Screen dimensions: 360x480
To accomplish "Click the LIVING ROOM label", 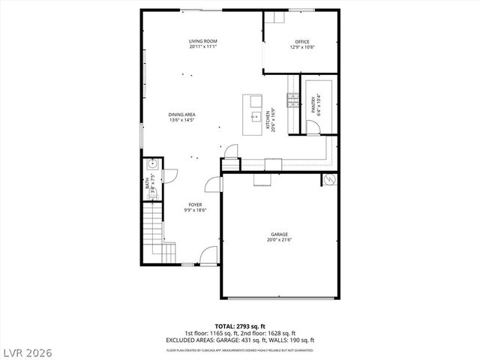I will coord(202,41).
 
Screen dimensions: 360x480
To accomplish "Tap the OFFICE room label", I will coord(302,41).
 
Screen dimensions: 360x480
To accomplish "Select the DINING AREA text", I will coord(182,114).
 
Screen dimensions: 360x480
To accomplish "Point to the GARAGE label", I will coord(280,235).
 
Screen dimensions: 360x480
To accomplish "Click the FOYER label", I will coord(194,205).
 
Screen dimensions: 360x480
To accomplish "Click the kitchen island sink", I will coord(256,116).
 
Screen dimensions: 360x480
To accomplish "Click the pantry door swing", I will coord(313,127).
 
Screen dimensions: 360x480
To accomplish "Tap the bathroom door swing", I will coord(169,175).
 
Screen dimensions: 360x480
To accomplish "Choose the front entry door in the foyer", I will coord(211,256).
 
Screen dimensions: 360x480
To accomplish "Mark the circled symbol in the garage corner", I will coord(328,180).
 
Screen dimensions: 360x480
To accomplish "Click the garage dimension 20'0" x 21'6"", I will coord(280,241).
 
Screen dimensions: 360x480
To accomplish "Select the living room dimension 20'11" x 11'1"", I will coord(202,47).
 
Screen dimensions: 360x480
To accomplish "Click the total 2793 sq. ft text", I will coord(240,326).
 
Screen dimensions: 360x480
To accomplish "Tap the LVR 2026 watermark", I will coord(27,349).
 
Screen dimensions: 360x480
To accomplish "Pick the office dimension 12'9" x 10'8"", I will coord(302,47).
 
